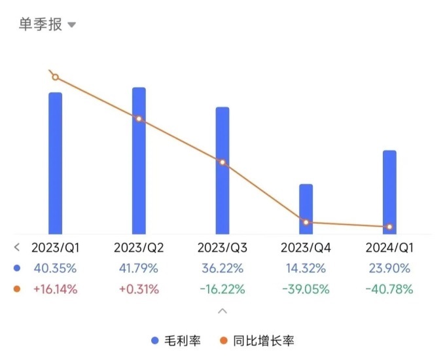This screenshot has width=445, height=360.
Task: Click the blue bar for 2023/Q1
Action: pos(56,163)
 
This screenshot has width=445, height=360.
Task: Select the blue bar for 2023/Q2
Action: pos(139,160)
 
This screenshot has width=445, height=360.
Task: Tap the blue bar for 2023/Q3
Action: pos(222,170)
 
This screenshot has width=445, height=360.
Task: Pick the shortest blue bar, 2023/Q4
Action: pos(306,209)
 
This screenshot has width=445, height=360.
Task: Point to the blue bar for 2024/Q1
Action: pos(389,192)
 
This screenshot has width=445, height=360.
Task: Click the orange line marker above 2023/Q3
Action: pos(222,162)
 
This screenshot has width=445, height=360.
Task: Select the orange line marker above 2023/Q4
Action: pos(306,223)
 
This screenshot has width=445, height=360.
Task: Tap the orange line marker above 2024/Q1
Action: pos(389,227)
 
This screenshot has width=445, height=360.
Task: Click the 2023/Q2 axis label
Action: pos(139,248)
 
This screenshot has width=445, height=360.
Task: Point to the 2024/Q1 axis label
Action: pos(389,248)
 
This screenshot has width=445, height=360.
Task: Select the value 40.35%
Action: pos(56,268)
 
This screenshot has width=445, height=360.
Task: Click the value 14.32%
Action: pos(306,268)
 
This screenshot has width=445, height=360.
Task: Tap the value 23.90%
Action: pos(389,268)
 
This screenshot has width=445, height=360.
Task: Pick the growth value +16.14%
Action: pos(56,289)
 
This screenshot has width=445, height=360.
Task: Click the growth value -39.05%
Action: pos(306,289)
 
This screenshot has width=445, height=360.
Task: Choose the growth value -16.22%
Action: pos(222,289)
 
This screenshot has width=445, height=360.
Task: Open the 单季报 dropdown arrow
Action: pos(72,25)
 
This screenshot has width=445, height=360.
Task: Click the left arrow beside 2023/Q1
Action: pos(17,248)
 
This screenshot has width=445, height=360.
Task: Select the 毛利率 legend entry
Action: pos(177,341)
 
